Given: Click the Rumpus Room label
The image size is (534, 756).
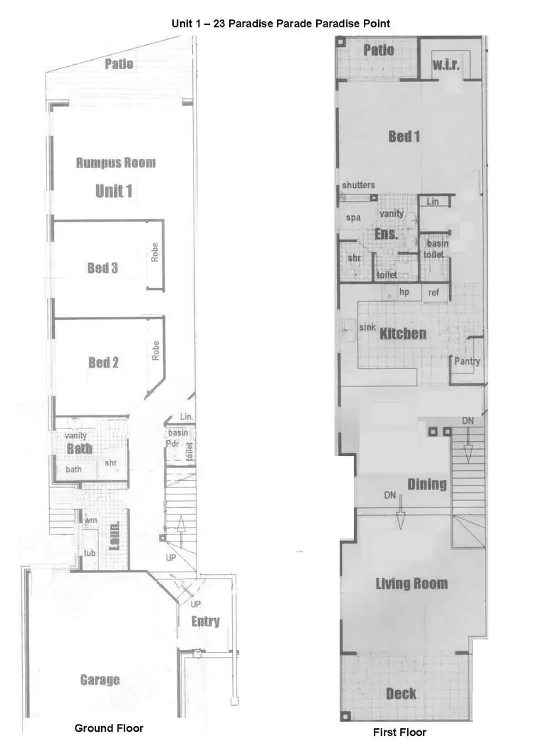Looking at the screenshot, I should click(115, 162).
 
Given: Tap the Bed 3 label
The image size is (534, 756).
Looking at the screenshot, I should click(103, 268).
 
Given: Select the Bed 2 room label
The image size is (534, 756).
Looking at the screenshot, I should click(103, 363).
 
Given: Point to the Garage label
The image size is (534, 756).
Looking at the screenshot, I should click(100, 680).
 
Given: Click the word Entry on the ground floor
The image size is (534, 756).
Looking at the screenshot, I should click(206, 621).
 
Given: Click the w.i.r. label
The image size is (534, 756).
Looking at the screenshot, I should click(446, 65).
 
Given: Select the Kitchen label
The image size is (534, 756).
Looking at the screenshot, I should click(403, 333).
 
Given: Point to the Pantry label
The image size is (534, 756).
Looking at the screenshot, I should click(467, 361).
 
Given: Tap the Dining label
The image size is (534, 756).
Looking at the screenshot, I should click(427, 485).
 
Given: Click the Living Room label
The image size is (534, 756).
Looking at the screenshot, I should click(412, 584).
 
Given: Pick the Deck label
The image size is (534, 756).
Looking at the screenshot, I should click(401, 693).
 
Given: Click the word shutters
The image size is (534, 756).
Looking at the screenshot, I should click(358, 185).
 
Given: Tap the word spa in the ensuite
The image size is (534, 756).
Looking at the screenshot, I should click(353, 217).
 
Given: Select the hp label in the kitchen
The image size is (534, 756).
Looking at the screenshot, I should click(404, 291).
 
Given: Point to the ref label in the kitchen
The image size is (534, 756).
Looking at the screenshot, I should click(434, 291).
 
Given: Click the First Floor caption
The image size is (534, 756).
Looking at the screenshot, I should click(399, 732).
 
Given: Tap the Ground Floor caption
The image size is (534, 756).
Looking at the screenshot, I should click(109, 728).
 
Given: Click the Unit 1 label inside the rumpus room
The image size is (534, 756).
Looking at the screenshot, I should click(114, 191).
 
